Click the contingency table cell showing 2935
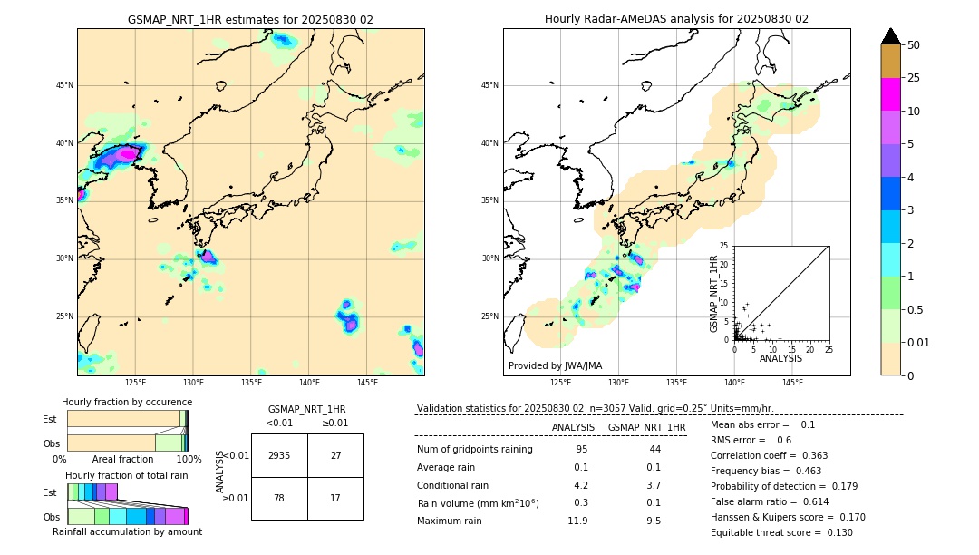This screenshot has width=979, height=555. pyautogui.click(x=279, y=455)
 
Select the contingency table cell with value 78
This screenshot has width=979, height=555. pyautogui.click(x=279, y=498)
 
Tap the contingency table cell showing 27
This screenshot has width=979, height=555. pyautogui.click(x=335, y=455)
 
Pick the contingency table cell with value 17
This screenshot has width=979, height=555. pyautogui.click(x=335, y=498)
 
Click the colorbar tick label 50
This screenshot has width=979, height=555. pyautogui.click(x=914, y=45)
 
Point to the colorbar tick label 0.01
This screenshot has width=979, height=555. pyautogui.click(x=919, y=342)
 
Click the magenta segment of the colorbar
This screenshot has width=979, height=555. pyautogui.click(x=891, y=94)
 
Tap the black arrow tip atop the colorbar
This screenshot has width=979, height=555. pyautogui.click(x=891, y=35)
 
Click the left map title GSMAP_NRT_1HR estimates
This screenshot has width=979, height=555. pyautogui.click(x=250, y=19)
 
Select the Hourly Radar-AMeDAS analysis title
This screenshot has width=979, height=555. pyautogui.click(x=676, y=19)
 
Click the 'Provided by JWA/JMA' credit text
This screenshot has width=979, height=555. pyautogui.click(x=555, y=366)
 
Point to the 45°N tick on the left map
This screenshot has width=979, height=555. pyautogui.click(x=64, y=85)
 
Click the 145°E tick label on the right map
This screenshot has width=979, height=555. pyautogui.click(x=792, y=383)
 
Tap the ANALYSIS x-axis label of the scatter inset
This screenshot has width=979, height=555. pyautogui.click(x=780, y=358)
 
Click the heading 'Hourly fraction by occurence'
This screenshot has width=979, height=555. pyautogui.click(x=127, y=402)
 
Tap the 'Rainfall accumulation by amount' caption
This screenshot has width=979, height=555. pyautogui.click(x=127, y=531)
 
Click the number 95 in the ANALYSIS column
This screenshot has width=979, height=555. pyautogui.click(x=581, y=450)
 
